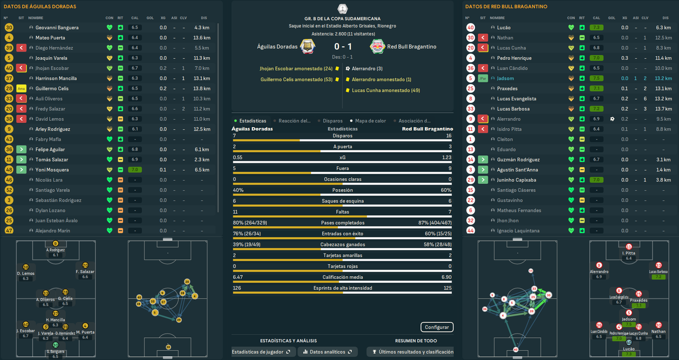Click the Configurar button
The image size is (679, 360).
coord(437,327)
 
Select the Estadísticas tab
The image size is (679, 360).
coord(253,121)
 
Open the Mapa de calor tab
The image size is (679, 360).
coord(370,121)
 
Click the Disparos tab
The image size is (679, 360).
coord(332,121)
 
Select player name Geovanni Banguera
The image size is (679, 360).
coord(57,28)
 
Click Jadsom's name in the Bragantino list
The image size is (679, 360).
coord(506,78)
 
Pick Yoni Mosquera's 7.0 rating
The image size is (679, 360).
coord(135,170)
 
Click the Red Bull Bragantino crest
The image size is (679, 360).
coord(378,47)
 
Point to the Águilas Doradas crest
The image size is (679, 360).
coord(308,47)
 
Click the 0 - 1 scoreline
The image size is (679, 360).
coord(343,47)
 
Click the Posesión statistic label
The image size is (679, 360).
coord(343,190)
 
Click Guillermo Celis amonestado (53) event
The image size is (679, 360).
coord(296,80)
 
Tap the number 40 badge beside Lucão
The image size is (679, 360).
coord(471,28)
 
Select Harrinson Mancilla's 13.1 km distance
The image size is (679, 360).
coord(202,78)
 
